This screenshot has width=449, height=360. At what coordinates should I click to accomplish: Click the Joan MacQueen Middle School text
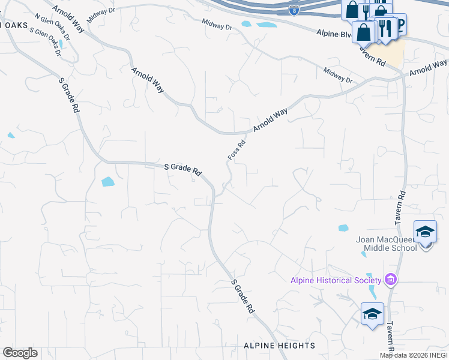(386, 243)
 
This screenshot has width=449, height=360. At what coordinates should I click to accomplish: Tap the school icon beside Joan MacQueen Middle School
(425, 233)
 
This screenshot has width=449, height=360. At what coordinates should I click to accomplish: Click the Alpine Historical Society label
(336, 280)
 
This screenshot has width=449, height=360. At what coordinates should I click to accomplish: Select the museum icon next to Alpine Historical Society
(391, 279)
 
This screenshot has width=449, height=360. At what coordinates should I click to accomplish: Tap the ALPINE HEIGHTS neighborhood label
(279, 346)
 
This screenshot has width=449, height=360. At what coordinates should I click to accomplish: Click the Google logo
(20, 353)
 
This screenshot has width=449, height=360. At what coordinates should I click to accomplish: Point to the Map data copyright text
(414, 355)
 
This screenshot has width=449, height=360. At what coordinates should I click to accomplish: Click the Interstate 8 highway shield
(294, 10)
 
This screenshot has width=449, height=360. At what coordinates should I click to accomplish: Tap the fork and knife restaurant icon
(385, 28)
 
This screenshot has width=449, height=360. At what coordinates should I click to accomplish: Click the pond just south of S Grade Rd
(108, 181)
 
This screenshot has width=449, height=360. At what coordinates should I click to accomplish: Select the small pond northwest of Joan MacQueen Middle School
(343, 228)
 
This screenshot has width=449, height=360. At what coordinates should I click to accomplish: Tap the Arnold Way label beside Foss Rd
(270, 120)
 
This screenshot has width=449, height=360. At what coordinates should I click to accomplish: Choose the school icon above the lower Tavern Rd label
(372, 314)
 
